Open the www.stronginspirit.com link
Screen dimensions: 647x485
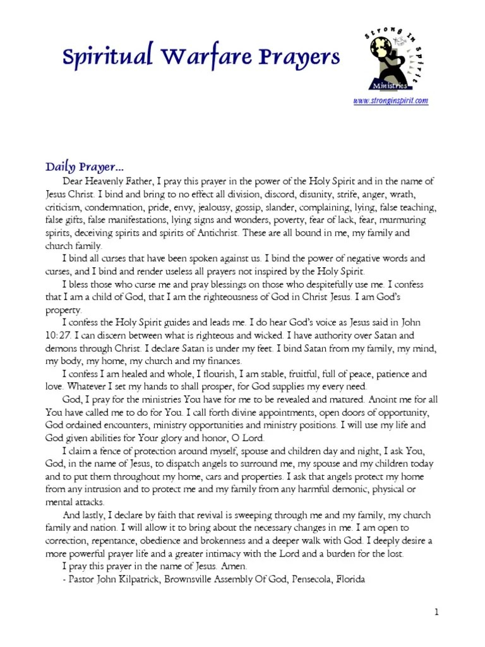(391, 100)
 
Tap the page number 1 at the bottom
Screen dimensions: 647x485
(436, 612)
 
